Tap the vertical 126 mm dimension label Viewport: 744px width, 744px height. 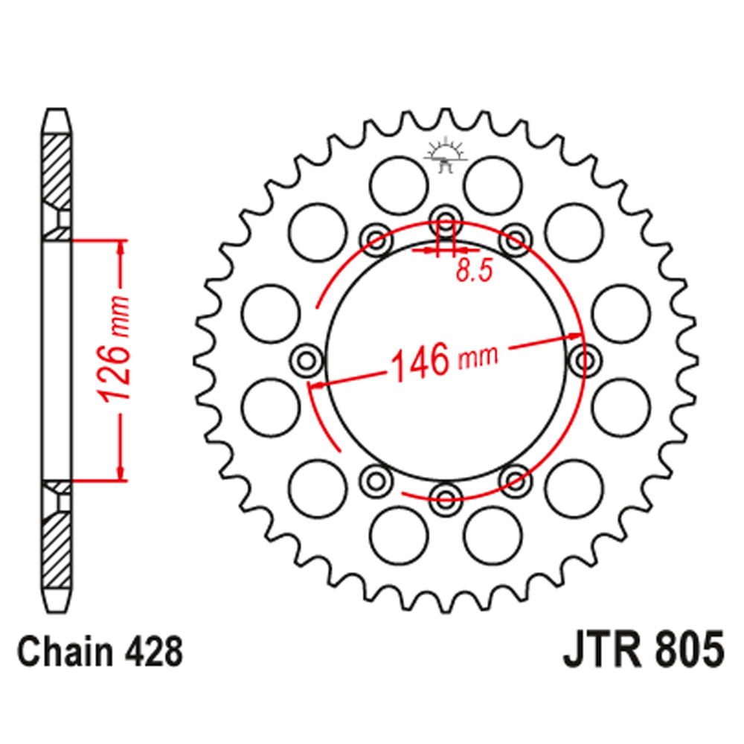(x=118, y=350)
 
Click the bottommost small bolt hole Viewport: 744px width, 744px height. (x=446, y=498)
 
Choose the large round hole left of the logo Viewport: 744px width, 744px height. (x=400, y=181)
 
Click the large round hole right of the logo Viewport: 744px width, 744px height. (x=492, y=181)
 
